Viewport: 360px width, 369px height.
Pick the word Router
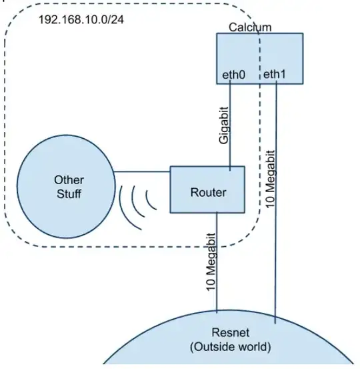pos(208,193)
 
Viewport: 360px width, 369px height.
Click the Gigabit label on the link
pos(224,125)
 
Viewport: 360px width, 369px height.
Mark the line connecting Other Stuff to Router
pos(141,173)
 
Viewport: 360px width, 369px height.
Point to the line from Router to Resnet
pos(218,280)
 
